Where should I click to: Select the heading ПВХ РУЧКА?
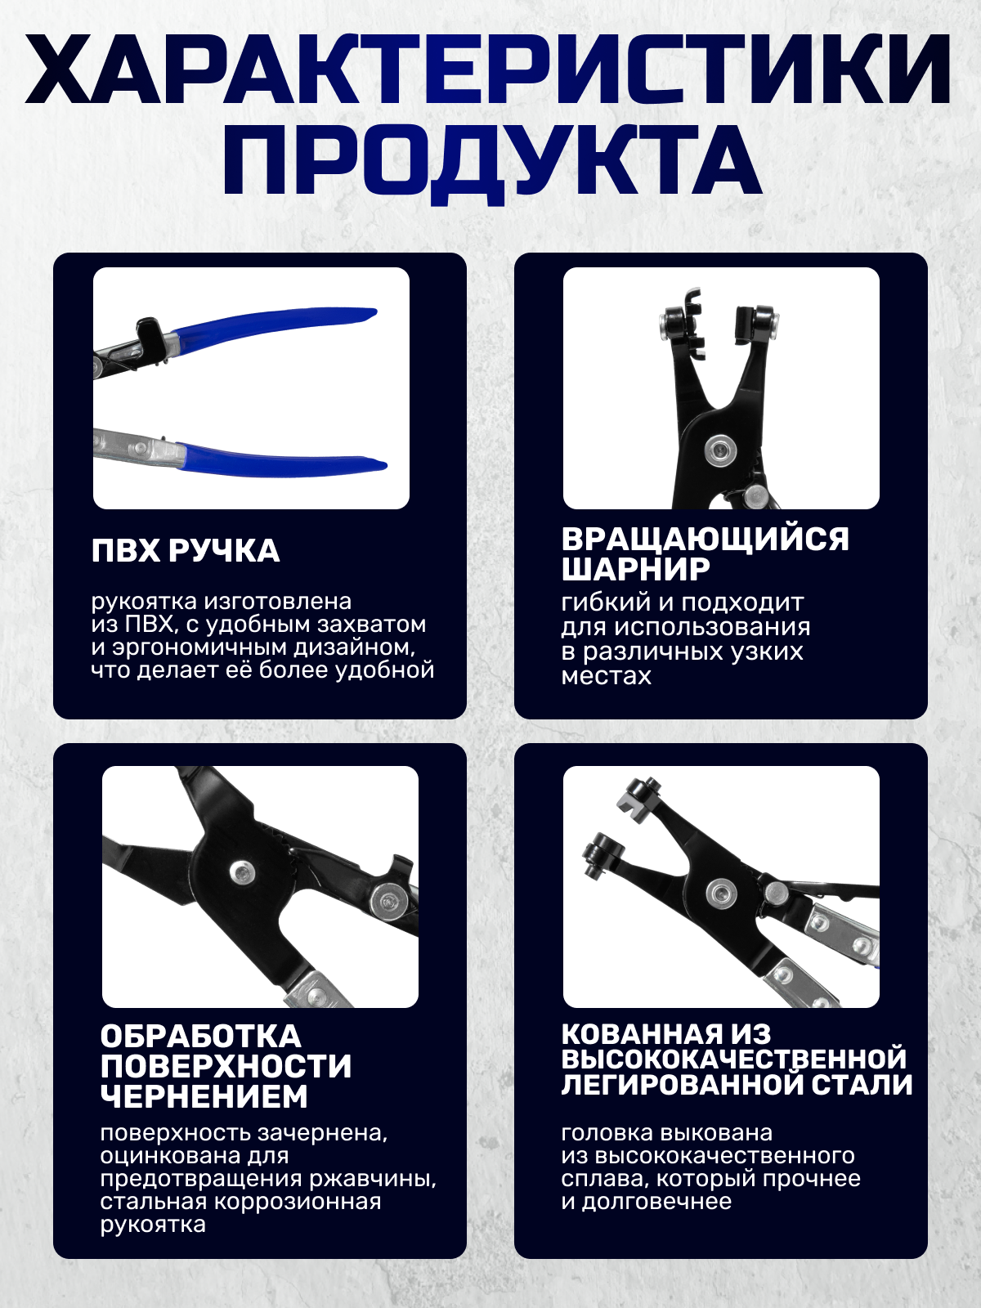(186, 551)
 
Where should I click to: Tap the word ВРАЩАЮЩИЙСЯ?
(706, 540)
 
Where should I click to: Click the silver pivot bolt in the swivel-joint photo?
(720, 447)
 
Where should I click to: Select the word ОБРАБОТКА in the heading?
(201, 1037)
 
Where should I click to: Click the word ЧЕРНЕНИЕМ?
(204, 1096)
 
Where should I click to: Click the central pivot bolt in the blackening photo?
(241, 872)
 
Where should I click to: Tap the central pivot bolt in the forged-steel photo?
(719, 891)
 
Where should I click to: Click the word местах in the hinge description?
(606, 676)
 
